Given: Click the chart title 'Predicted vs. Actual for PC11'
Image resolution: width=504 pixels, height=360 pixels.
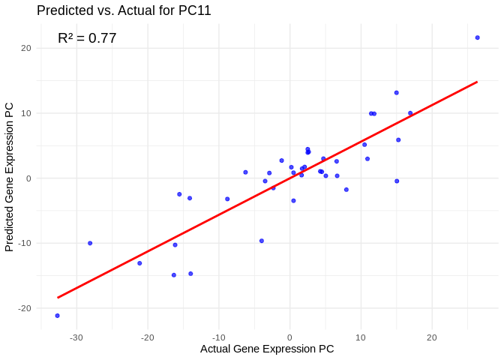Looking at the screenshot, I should click(x=124, y=10).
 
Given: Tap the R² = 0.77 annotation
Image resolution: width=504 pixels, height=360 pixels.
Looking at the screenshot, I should click(x=87, y=37).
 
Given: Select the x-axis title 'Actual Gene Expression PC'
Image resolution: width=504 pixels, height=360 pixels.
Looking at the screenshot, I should click(x=267, y=349).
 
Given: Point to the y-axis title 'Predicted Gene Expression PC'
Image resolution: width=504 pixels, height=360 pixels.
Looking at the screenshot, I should click(x=10, y=177).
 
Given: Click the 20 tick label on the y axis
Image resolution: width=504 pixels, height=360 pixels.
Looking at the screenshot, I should click(x=26, y=48).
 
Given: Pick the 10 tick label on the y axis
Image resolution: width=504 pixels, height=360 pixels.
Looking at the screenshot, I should click(x=26, y=113).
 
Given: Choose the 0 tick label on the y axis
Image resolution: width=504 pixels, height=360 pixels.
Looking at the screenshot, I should click(x=28, y=178).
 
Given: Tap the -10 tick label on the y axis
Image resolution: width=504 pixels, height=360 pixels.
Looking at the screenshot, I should click(x=25, y=243).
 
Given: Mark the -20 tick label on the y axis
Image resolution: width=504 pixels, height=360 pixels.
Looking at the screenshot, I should click(x=25, y=308).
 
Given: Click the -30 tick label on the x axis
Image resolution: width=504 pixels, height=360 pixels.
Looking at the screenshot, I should click(x=76, y=337).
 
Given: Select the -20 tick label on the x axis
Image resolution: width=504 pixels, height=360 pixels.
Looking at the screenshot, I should click(x=147, y=337).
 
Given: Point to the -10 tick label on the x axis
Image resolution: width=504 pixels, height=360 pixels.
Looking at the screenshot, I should click(x=218, y=337).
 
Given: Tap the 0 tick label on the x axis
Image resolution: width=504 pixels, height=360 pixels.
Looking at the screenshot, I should click(x=289, y=337).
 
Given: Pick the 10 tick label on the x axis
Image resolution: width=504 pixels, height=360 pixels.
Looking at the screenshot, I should click(x=361, y=337).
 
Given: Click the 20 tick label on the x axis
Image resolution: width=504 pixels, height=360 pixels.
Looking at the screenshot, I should click(x=432, y=337).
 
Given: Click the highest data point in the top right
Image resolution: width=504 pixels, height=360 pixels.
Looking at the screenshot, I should click(x=477, y=37).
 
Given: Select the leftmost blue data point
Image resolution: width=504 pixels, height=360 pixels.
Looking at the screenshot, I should click(x=57, y=316).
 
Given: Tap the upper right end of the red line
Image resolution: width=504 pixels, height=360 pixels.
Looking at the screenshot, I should click(x=477, y=82).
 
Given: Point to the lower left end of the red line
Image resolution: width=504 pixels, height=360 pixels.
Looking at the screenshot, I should click(x=58, y=298).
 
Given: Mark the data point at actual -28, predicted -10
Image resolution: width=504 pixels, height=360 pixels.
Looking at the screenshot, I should click(x=90, y=243).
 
